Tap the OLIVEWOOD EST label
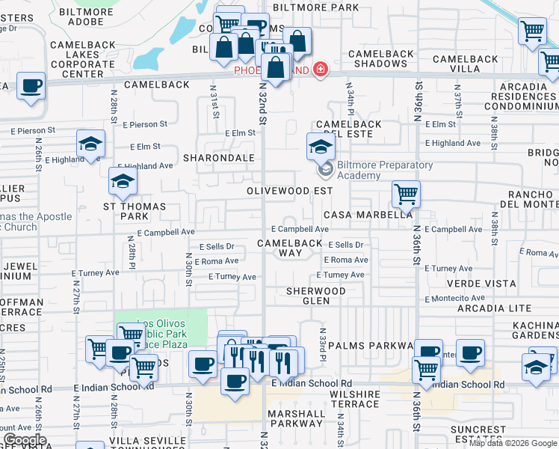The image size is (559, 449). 290,191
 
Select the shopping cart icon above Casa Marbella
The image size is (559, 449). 406,195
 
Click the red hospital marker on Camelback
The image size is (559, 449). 321,70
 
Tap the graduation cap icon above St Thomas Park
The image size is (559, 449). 123,181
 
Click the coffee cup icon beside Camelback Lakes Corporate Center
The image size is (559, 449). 31,86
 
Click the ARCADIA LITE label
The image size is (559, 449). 489,308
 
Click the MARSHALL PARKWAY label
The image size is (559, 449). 296,418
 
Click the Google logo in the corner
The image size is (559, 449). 24,440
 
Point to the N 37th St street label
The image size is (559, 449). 457,97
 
